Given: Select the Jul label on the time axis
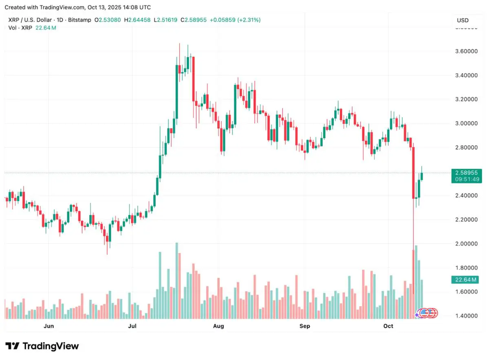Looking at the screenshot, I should (132, 326).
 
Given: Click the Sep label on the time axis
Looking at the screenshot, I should (305, 326).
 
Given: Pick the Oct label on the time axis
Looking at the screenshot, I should (388, 326).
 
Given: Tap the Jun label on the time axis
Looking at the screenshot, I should (48, 326).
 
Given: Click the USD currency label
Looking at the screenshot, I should (463, 20).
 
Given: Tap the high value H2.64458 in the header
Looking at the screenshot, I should (137, 20).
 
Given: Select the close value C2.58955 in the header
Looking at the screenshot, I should (194, 20).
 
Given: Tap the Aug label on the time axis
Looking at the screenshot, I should (219, 326).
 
